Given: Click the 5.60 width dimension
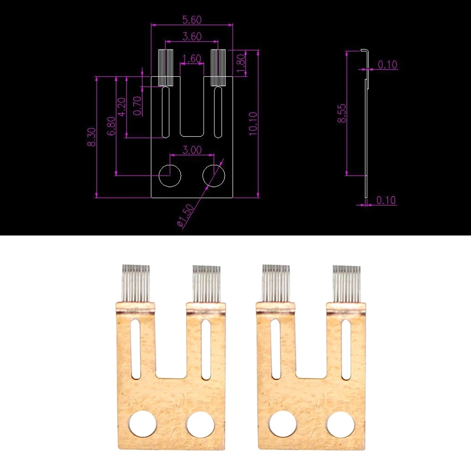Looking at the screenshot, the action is click(x=192, y=20).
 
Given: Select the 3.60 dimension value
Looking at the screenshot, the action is click(x=192, y=36).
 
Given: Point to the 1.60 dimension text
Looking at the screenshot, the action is click(x=192, y=59).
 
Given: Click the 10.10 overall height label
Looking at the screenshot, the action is click(x=253, y=124).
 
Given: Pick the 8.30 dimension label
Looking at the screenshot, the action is click(x=92, y=137).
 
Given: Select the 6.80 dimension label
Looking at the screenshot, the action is click(x=111, y=126).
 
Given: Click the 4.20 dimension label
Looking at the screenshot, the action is click(x=121, y=107).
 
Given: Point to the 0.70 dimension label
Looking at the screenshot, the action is click(x=137, y=106).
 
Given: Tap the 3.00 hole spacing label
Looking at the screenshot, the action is click(x=192, y=150).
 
